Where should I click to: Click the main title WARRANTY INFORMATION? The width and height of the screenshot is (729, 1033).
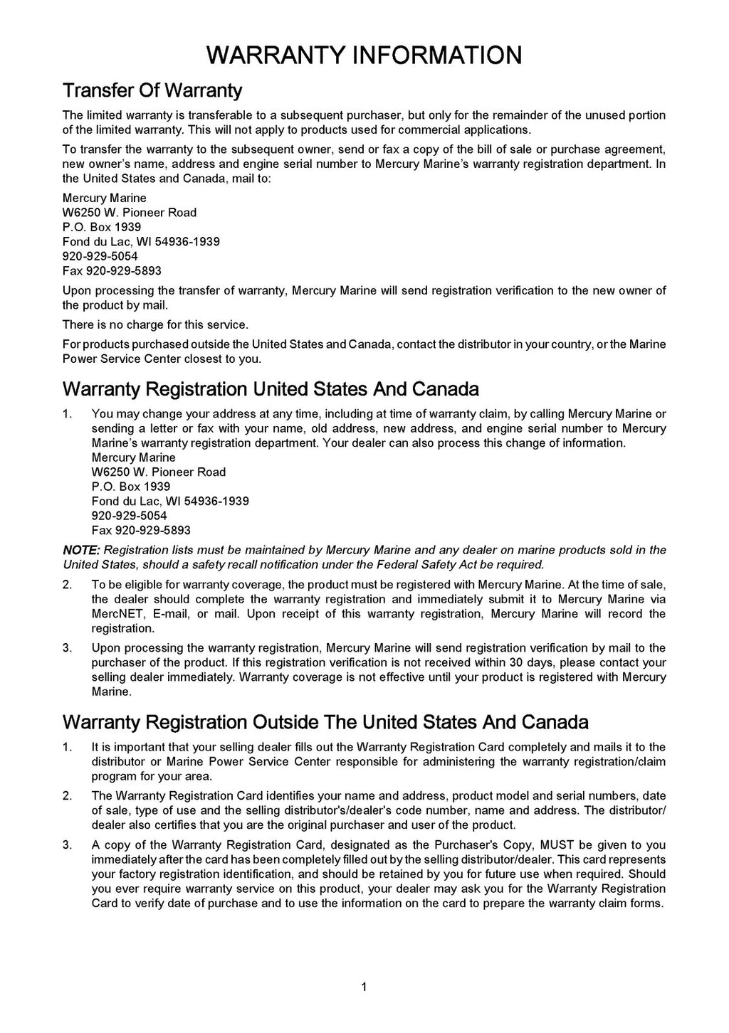364,55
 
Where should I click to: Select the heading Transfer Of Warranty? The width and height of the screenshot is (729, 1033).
152,91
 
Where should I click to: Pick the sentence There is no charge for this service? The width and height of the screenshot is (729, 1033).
155,325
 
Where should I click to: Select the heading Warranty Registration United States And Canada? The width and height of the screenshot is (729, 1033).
271,389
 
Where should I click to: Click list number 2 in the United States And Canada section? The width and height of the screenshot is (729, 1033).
67,585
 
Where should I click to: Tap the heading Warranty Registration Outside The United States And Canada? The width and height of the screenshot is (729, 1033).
325,722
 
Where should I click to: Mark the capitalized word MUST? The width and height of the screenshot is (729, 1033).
557,845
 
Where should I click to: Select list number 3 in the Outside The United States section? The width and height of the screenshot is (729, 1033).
67,845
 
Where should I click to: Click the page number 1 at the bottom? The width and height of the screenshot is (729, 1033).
364,986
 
